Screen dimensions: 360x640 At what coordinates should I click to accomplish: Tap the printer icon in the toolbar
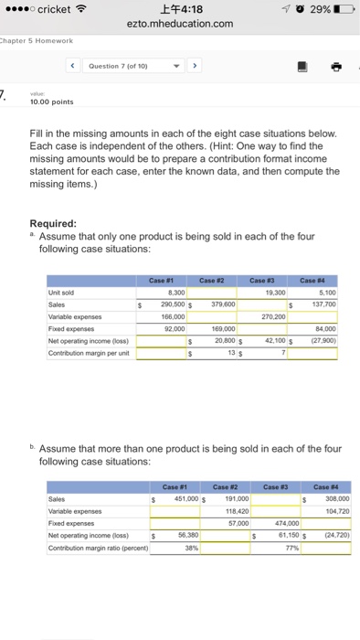coord(335,66)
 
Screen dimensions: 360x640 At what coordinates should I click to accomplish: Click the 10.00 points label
coord(50,101)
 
